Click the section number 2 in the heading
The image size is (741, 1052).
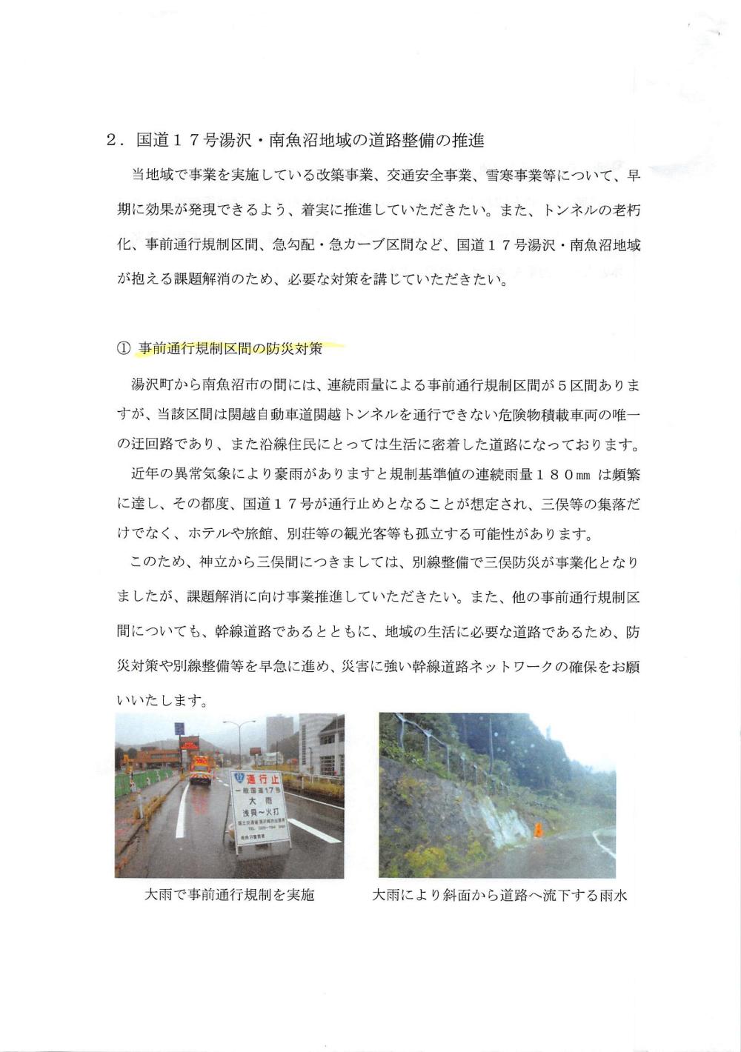[111, 140]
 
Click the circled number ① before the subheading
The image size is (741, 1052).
[123, 349]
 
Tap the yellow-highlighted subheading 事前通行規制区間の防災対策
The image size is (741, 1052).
[230, 348]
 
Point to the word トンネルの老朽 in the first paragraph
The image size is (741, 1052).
[592, 210]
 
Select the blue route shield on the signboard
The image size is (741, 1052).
[238, 778]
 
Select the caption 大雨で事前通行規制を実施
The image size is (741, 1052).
[230, 895]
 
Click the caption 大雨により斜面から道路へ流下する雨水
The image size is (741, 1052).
[499, 895]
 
